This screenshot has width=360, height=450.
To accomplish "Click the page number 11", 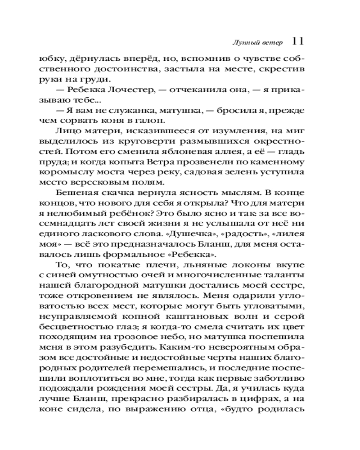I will (298, 41).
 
